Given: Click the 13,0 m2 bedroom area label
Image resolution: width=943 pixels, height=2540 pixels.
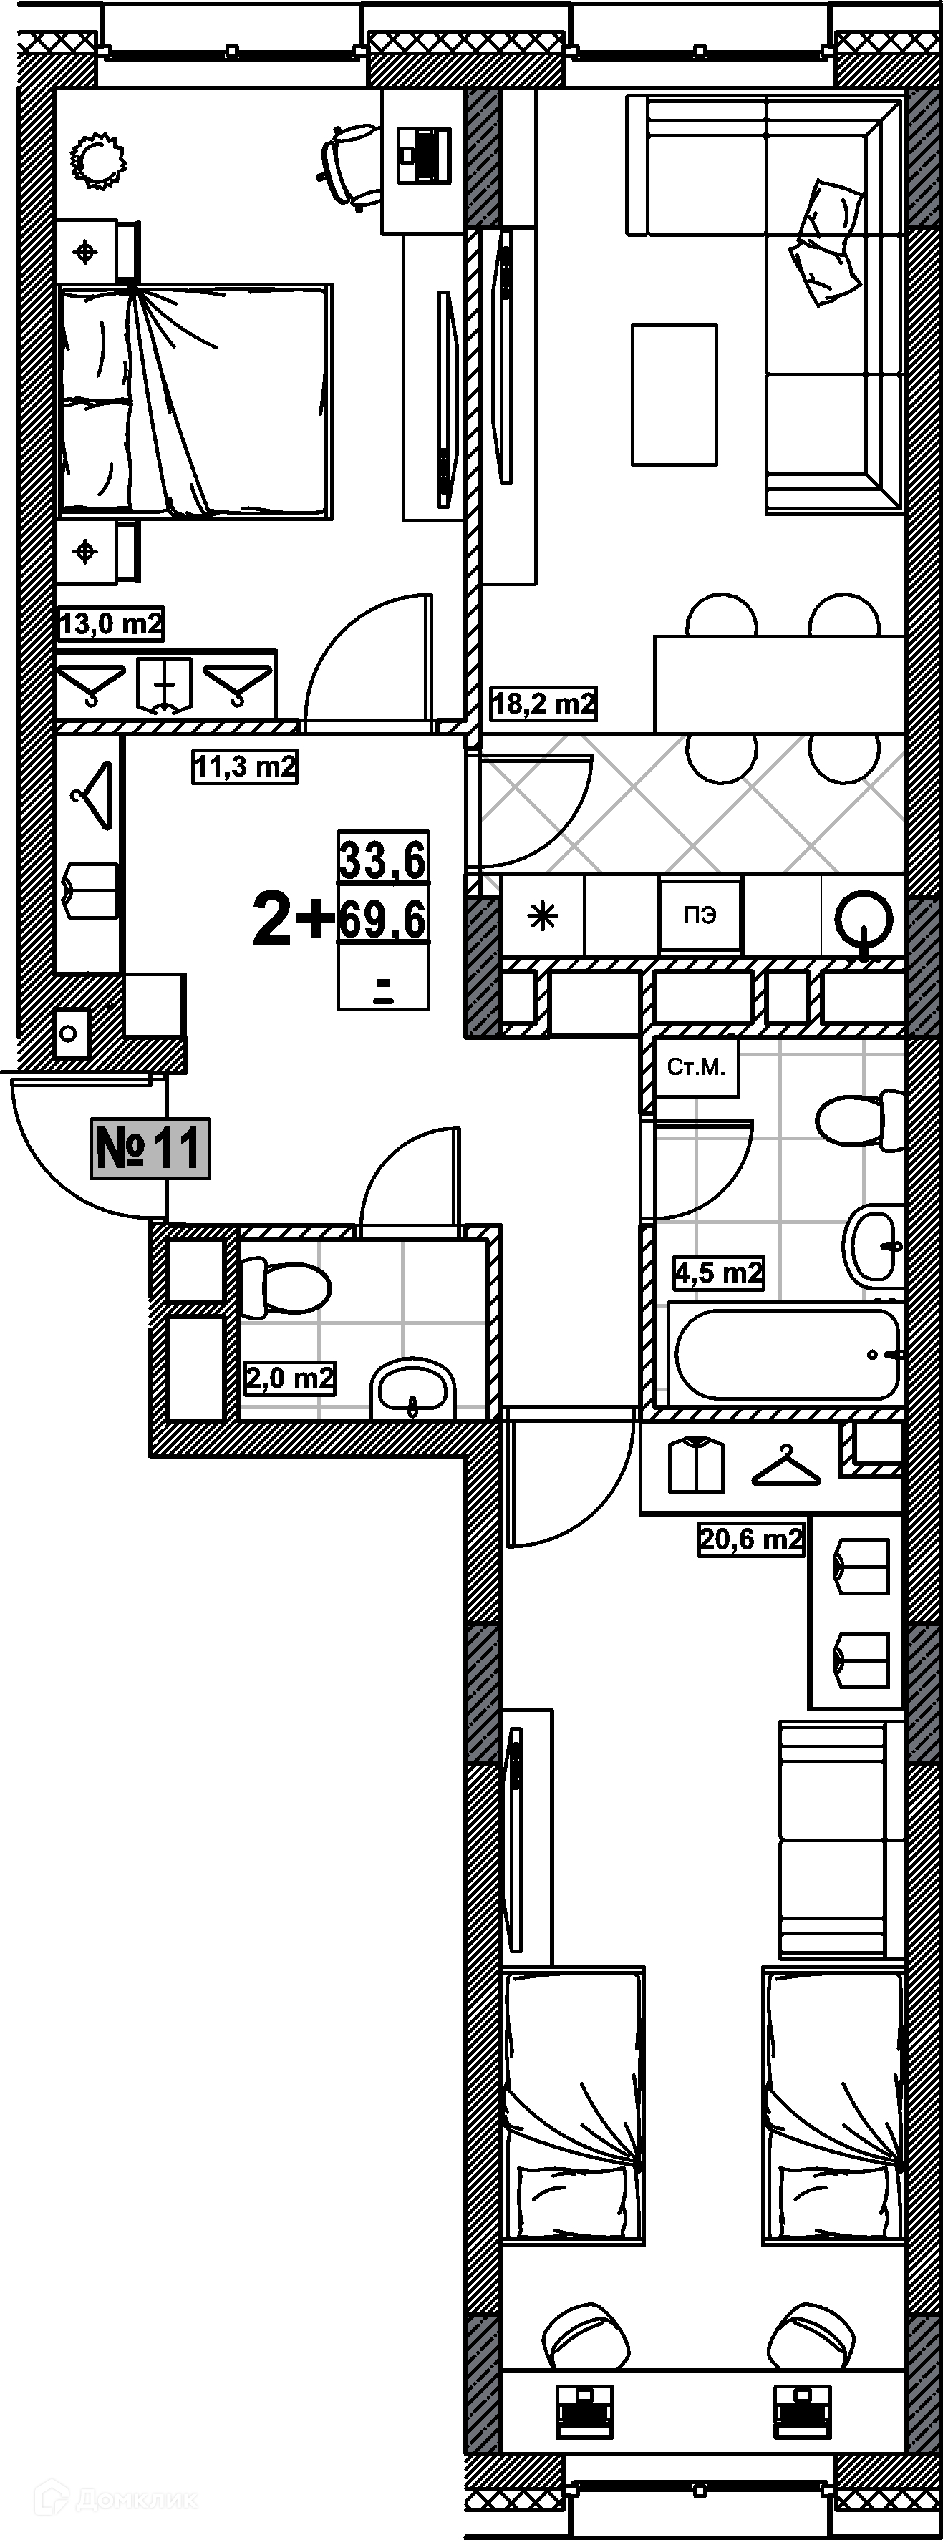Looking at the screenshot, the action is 110,623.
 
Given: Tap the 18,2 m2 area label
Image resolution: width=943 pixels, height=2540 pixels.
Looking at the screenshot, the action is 543,703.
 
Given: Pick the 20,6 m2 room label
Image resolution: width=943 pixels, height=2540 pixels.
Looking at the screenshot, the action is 750,1538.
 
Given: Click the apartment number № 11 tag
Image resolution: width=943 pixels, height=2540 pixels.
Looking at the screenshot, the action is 150,1148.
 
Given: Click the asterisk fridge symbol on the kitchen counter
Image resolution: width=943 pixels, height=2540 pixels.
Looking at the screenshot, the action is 543,916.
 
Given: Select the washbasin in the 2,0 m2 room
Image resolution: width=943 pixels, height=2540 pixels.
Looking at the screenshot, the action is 413,1388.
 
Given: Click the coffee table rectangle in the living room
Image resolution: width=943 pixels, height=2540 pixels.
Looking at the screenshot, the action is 674,394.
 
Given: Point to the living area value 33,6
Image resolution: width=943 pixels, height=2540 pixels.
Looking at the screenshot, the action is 383,860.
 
